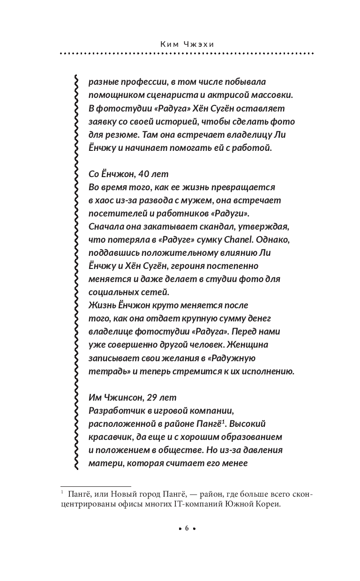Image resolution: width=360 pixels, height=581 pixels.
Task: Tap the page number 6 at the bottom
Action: pos(187,528)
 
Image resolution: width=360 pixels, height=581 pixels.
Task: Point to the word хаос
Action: pos(106,200)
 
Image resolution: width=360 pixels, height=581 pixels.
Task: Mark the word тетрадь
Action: pos(106,372)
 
